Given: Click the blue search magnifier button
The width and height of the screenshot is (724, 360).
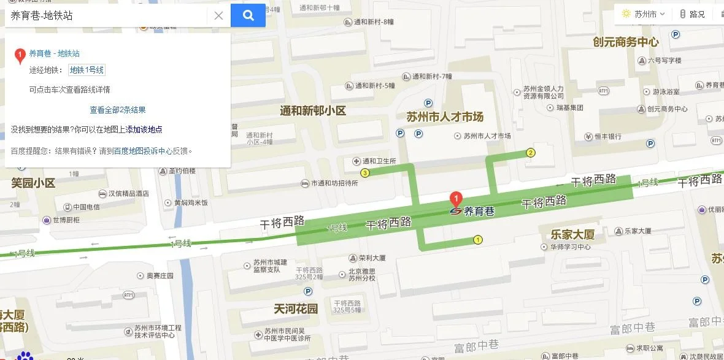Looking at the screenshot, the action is (248, 15).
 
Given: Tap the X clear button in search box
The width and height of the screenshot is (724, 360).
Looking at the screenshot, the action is (218, 16).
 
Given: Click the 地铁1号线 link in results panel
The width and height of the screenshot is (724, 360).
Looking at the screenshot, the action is (87, 70).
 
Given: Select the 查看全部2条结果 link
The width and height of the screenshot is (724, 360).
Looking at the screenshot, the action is (118, 110).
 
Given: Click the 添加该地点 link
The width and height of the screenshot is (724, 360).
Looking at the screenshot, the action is (144, 129).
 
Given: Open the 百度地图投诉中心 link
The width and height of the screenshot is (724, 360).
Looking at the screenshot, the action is (143, 150).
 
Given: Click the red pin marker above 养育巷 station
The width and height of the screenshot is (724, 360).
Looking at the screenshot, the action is (456, 199).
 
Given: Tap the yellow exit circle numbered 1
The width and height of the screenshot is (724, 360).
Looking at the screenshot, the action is (477, 240).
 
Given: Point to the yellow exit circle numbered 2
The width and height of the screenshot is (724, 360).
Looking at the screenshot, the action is (531, 152).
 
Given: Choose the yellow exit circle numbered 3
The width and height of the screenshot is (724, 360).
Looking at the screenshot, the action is (365, 173).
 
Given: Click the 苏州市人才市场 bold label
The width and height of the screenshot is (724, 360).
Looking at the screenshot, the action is (445, 117).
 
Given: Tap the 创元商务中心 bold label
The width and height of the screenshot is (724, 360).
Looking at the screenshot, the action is (625, 42).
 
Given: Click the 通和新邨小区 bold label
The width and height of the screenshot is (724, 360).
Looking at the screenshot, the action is (313, 111).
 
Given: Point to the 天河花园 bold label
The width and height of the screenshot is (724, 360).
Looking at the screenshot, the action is (296, 308).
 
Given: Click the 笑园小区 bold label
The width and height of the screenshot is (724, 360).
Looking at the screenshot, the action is (33, 183).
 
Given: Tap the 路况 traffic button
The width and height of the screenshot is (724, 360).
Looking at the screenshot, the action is (693, 14).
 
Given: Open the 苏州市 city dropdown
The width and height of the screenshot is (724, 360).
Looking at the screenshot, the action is (644, 14).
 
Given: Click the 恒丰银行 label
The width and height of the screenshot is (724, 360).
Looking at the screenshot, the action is (607, 137).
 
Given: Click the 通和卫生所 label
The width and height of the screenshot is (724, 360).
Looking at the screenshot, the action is (379, 161).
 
